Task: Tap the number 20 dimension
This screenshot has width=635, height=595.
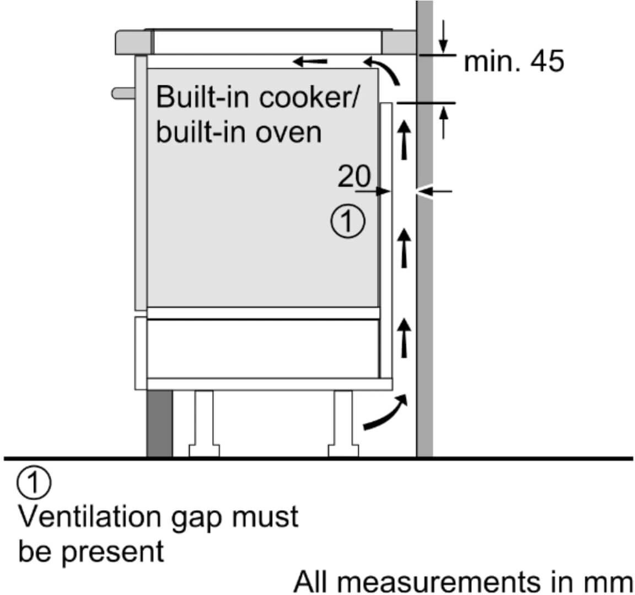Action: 354,176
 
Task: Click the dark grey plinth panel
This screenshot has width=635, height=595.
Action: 159,424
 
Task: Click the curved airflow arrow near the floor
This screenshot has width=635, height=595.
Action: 386,412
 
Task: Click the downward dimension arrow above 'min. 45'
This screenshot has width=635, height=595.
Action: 444,39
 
